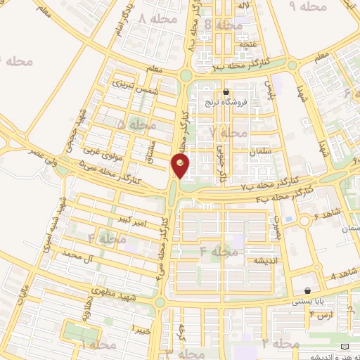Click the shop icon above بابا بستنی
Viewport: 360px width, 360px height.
[308, 291]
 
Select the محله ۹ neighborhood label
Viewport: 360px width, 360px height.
[310, 6]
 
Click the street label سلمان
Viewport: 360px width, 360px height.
[260, 152]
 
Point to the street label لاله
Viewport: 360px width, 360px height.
[245, 6]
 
